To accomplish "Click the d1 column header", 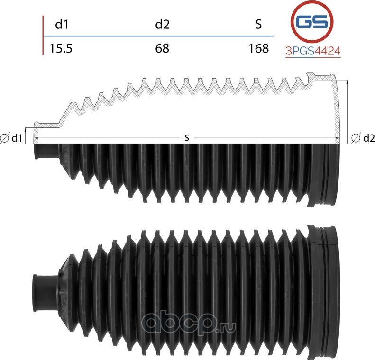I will click(62, 25).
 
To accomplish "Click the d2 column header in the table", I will click(162, 25).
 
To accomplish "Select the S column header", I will click(258, 25).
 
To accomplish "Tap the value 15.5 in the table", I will click(61, 48).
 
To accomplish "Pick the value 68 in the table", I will click(162, 48).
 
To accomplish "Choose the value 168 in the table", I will click(258, 48).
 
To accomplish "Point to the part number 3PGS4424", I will click(313, 51).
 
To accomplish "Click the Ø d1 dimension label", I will click(12, 138).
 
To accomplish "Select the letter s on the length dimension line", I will click(187, 138).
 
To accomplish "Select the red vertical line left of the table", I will click(43, 36).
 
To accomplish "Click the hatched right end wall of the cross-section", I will click(338, 109).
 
